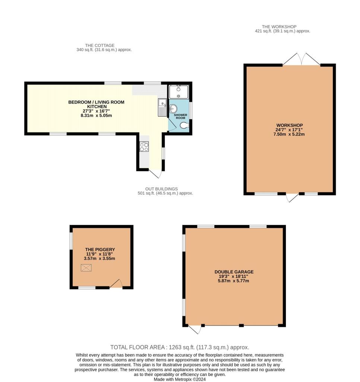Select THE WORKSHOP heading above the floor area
[279, 27]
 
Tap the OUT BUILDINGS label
[161, 189]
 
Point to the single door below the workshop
[292, 198]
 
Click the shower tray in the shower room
[179, 91]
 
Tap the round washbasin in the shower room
[173, 109]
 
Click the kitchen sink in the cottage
[162, 107]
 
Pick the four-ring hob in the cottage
[144, 147]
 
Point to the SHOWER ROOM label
[181, 116]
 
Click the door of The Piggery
[116, 284]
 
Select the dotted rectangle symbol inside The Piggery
[86, 267]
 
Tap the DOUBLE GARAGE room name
[234, 272]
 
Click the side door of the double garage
[195, 329]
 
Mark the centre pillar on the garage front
[241, 326]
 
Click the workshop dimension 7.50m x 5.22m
[289, 134]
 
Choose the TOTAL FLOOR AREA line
[180, 347]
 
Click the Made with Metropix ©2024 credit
[180, 379]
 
